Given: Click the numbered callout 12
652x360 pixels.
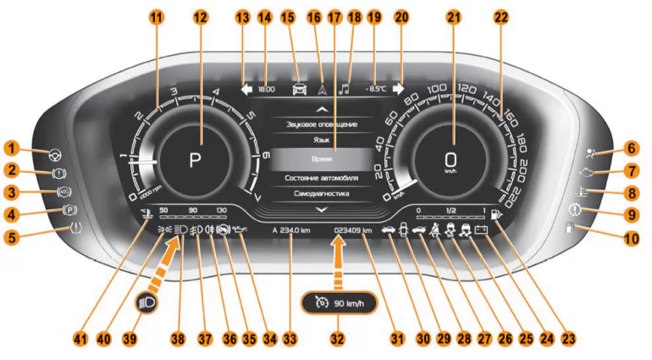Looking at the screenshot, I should pos(200,17).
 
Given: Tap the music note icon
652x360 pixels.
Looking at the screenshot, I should pos(345,87).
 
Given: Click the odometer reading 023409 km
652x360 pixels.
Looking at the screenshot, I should pos(354,229).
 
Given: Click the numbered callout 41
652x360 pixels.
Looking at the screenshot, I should pos(80,338).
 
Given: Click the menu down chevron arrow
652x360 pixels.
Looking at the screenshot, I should pos(320,208).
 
